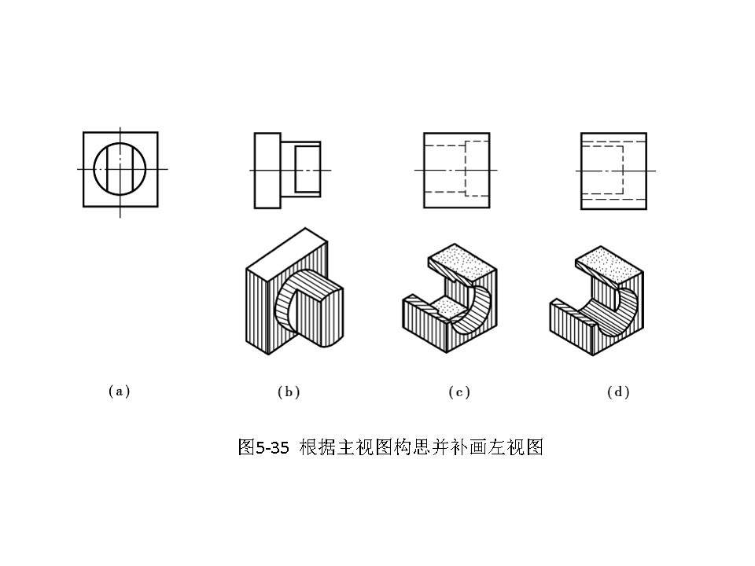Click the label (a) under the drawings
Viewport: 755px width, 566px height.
pos(118,391)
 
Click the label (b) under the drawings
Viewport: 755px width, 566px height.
pos(289,391)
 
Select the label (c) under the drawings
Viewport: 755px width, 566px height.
pos(459,391)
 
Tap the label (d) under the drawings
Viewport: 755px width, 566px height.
pos(618,391)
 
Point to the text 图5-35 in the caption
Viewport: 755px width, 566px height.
pos(263,448)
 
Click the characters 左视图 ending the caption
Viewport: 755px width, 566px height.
pos(524,448)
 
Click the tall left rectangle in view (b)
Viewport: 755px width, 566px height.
pos(267,171)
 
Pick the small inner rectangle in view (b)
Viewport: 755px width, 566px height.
pos(308,171)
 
